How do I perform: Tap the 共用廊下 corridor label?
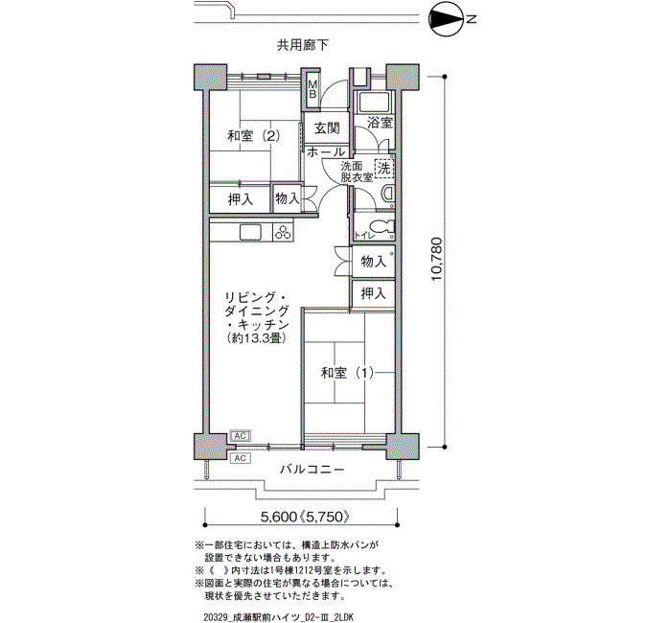[303, 45]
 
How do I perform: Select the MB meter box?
[312, 89]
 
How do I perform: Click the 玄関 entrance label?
[328, 127]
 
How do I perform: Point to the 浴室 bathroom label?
[380, 123]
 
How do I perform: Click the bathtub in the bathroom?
[374, 102]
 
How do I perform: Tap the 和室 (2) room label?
[254, 136]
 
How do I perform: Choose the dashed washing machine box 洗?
[383, 168]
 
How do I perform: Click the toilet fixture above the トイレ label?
[383, 227]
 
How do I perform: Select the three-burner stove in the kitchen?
[283, 232]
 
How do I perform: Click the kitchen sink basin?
[250, 233]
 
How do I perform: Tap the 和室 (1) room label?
[347, 373]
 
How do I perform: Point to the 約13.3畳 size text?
[257, 338]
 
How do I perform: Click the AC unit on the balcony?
[240, 458]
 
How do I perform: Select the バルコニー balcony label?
[312, 470]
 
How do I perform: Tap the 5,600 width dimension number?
[278, 517]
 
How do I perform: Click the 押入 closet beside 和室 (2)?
[241, 199]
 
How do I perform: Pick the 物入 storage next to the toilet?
[373, 262]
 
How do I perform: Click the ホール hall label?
[326, 151]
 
